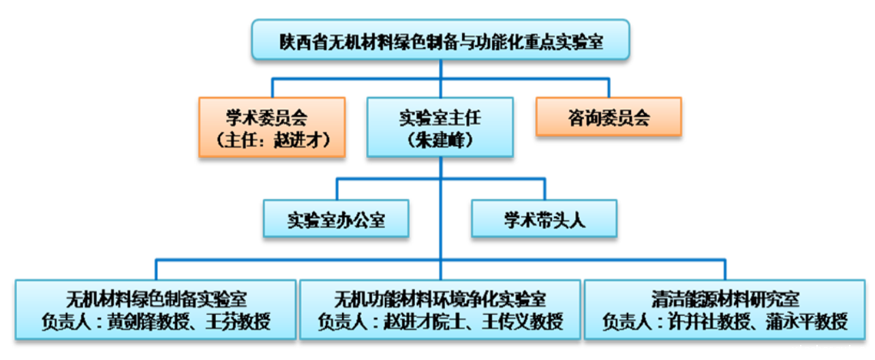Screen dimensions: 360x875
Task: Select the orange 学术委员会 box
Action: tap(272, 127)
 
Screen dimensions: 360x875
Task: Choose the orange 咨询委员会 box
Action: tap(608, 118)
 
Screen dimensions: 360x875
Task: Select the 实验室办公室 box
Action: tap(336, 220)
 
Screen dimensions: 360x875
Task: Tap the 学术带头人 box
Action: tap(544, 220)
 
